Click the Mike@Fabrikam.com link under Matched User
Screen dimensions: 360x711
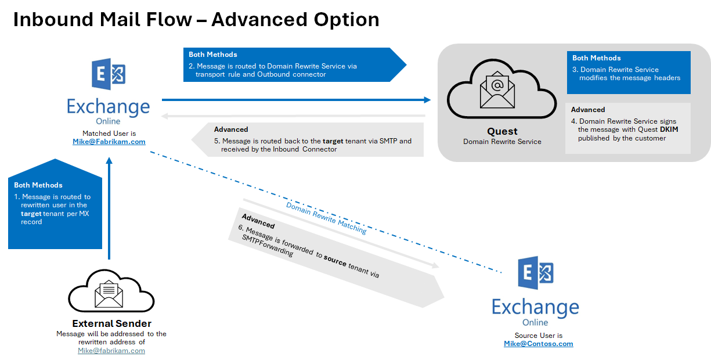109,141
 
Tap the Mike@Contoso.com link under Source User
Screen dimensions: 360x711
538,344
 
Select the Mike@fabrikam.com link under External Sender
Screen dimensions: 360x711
111,351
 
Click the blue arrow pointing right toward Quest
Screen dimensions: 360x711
296,100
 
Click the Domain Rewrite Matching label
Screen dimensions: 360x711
326,218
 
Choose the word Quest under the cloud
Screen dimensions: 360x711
502,131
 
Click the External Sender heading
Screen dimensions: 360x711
111,323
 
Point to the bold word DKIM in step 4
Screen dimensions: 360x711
669,129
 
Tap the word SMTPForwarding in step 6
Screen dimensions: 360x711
264,245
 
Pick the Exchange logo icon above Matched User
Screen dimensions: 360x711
109,74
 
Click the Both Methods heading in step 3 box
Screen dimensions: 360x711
596,58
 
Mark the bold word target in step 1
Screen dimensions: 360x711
31,214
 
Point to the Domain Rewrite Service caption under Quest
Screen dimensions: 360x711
502,142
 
